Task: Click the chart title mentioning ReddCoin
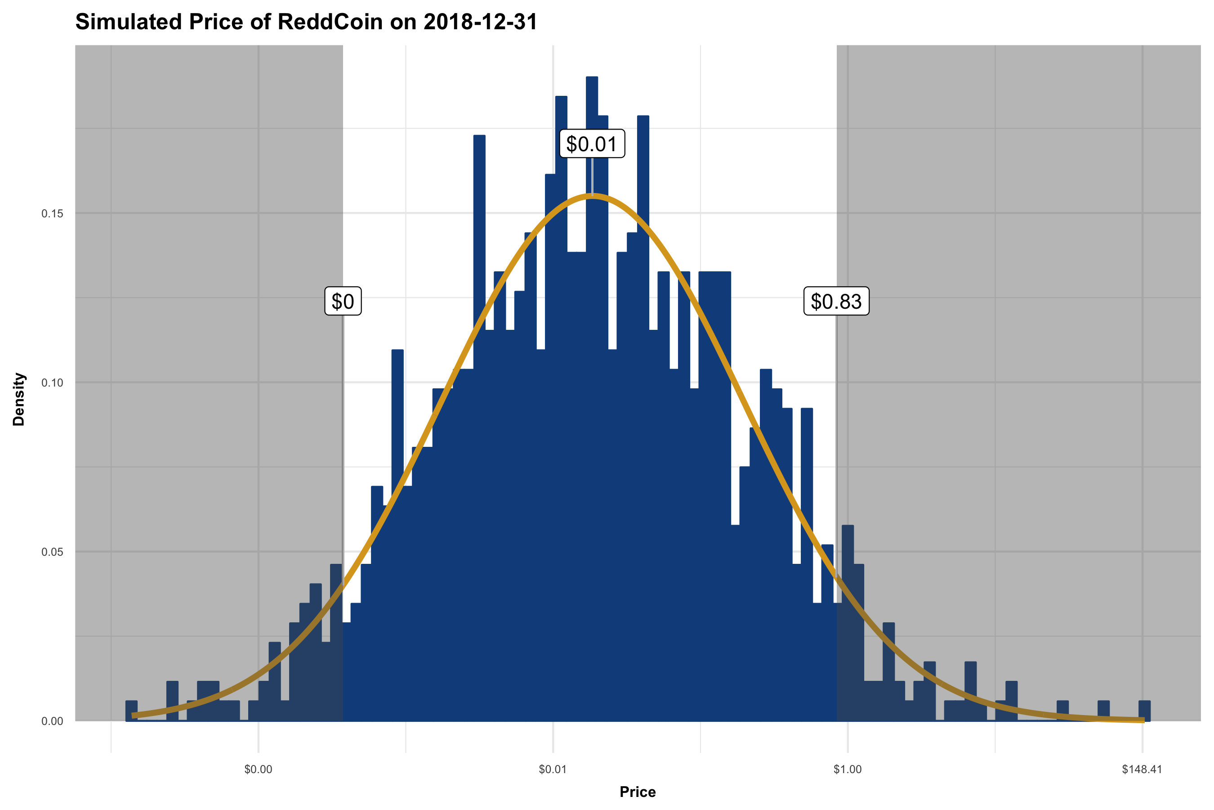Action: click(x=306, y=22)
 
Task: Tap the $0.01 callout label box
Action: click(x=592, y=144)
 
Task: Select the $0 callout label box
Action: click(x=343, y=301)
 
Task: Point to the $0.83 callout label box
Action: click(x=836, y=301)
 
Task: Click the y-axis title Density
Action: click(x=19, y=399)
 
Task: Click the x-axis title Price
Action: click(x=638, y=792)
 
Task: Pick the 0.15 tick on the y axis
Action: click(x=52, y=213)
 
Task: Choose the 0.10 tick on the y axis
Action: click(x=52, y=383)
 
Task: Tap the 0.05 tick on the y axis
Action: click(x=52, y=552)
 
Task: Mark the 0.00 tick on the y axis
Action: click(x=52, y=721)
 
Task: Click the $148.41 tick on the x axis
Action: click(x=1142, y=769)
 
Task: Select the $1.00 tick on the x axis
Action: click(x=848, y=769)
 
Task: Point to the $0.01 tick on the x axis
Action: click(x=553, y=769)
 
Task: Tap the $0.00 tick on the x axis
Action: click(x=258, y=769)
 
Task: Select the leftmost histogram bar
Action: click(x=132, y=712)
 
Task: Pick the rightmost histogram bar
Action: click(x=1144, y=712)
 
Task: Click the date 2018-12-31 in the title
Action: click(x=481, y=22)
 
